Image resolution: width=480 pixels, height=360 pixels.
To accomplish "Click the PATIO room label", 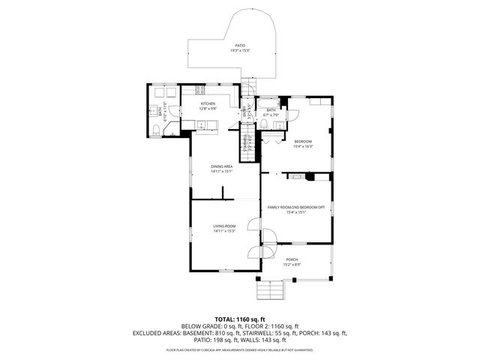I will (x=239, y=45).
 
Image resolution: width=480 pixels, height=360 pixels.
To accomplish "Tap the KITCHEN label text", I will (x=207, y=103).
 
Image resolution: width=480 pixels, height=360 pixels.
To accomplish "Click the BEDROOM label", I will (x=302, y=142).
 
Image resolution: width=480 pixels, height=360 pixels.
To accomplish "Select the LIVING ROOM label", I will (x=224, y=226).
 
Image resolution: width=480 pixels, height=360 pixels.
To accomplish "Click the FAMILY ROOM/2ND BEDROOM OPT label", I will (x=296, y=206).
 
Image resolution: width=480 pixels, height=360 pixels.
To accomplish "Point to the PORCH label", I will (x=292, y=259).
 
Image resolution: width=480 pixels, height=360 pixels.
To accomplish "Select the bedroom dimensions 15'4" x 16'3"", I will (x=302, y=147).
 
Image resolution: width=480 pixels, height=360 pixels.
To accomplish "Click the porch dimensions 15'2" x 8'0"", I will (x=292, y=265).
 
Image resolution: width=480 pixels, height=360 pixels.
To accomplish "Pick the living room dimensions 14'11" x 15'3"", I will (x=224, y=231).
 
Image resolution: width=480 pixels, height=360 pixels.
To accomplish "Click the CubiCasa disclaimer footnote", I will (x=239, y=350).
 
